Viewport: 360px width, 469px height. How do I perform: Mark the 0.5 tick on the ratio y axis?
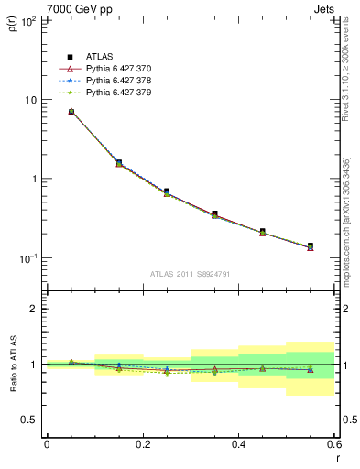(x=31, y=420)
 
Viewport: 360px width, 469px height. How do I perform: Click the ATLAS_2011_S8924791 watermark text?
(x=191, y=273)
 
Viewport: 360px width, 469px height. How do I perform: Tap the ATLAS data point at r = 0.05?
(x=71, y=112)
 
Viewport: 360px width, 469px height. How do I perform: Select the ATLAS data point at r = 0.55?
(x=311, y=246)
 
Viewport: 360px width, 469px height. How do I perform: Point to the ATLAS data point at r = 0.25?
(x=167, y=191)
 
